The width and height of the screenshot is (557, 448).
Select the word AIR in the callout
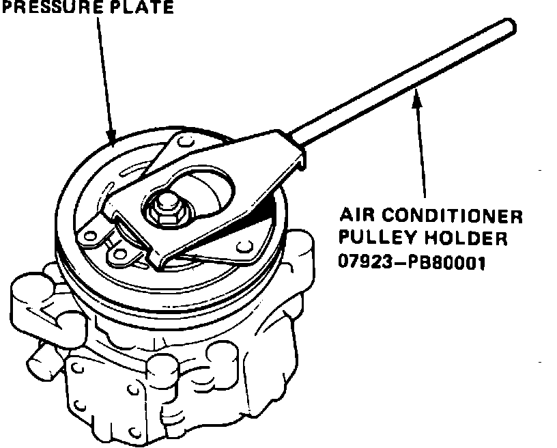355,217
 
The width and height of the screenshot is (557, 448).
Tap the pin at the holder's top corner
180,141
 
